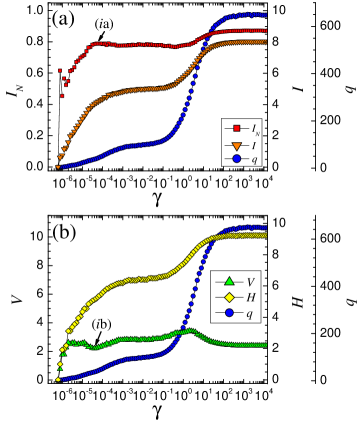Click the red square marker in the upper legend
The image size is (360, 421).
[x=236, y=128]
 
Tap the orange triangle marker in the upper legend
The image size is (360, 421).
[x=236, y=143]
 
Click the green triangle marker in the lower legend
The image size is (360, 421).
[x=228, y=281]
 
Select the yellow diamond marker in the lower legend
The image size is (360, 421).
[x=228, y=297]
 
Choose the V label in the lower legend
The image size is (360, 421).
[x=250, y=282]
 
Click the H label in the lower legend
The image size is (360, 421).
[x=250, y=297]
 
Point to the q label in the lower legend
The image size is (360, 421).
[x=250, y=313]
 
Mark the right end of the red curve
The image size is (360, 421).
[x=266, y=31]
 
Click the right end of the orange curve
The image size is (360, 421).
[x=266, y=42]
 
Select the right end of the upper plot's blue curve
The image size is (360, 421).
[x=266, y=15]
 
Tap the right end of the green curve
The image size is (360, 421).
[x=266, y=345]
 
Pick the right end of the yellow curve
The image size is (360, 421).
[x=266, y=235]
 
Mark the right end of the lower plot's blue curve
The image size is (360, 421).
[x=266, y=227]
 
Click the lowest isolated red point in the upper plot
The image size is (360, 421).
[x=62, y=96]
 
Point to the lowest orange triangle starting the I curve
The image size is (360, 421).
[x=58, y=166]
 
